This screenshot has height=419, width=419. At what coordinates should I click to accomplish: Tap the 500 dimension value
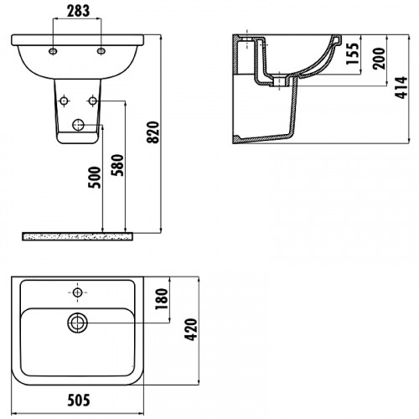tap(95, 180)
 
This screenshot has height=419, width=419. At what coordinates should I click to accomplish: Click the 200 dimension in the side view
tap(379, 59)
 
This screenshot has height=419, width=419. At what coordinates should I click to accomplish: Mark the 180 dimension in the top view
tap(163, 297)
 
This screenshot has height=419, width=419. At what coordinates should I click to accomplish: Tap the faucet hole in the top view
tap(77, 292)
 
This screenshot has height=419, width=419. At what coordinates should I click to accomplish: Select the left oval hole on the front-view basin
tap(54, 52)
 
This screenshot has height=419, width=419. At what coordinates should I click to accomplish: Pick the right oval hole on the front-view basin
tap(102, 52)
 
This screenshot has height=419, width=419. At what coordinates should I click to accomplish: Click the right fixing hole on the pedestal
tap(92, 101)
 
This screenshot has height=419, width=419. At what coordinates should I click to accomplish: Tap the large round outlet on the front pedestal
tap(78, 125)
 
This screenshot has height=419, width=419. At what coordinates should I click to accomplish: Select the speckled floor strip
tap(78, 235)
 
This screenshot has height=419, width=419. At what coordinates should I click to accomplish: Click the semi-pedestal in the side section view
tap(268, 117)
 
